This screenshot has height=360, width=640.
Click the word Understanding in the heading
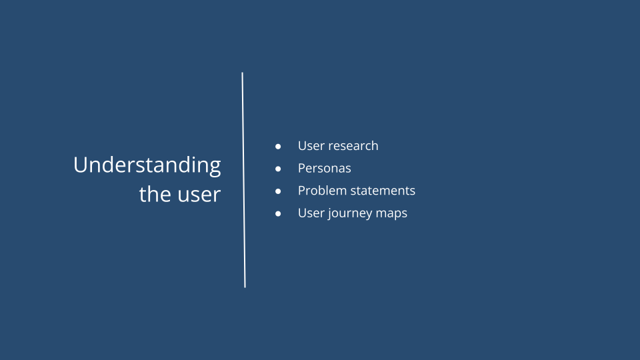tap(147, 165)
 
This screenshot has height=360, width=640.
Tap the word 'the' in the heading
tap(154, 195)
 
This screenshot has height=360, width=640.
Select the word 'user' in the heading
tap(198, 195)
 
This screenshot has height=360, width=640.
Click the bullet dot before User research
tap(279, 146)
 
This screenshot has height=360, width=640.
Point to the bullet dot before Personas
tap(279, 169)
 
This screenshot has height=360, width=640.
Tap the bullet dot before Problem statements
tap(279, 191)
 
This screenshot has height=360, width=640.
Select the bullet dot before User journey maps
tap(279, 214)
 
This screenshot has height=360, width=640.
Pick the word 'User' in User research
tap(311, 146)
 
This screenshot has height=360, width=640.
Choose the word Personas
tap(324, 169)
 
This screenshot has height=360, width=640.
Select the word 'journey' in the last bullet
tap(349, 214)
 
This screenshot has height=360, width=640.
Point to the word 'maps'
tap(393, 214)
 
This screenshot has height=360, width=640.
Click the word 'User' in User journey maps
tap(311, 213)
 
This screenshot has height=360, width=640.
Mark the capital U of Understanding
tap(80, 165)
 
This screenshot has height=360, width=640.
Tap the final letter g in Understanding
tap(214, 167)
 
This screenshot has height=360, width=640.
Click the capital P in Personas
tap(301, 169)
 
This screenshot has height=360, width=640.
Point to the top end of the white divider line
tap(242, 73)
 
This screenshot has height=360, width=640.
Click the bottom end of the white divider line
tap(245, 286)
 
